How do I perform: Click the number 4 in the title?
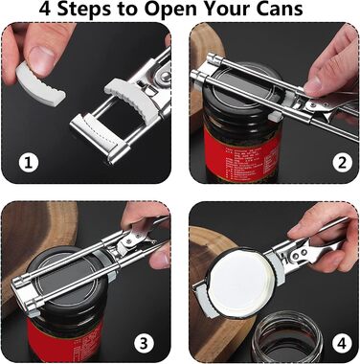[45, 9]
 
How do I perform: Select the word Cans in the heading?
[280, 9]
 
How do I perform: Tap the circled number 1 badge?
[29, 163]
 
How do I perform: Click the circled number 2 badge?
[343, 163]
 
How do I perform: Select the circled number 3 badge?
[144, 344]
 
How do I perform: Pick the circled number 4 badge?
[342, 344]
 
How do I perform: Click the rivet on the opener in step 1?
[165, 76]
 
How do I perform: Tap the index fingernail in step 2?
[312, 83]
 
